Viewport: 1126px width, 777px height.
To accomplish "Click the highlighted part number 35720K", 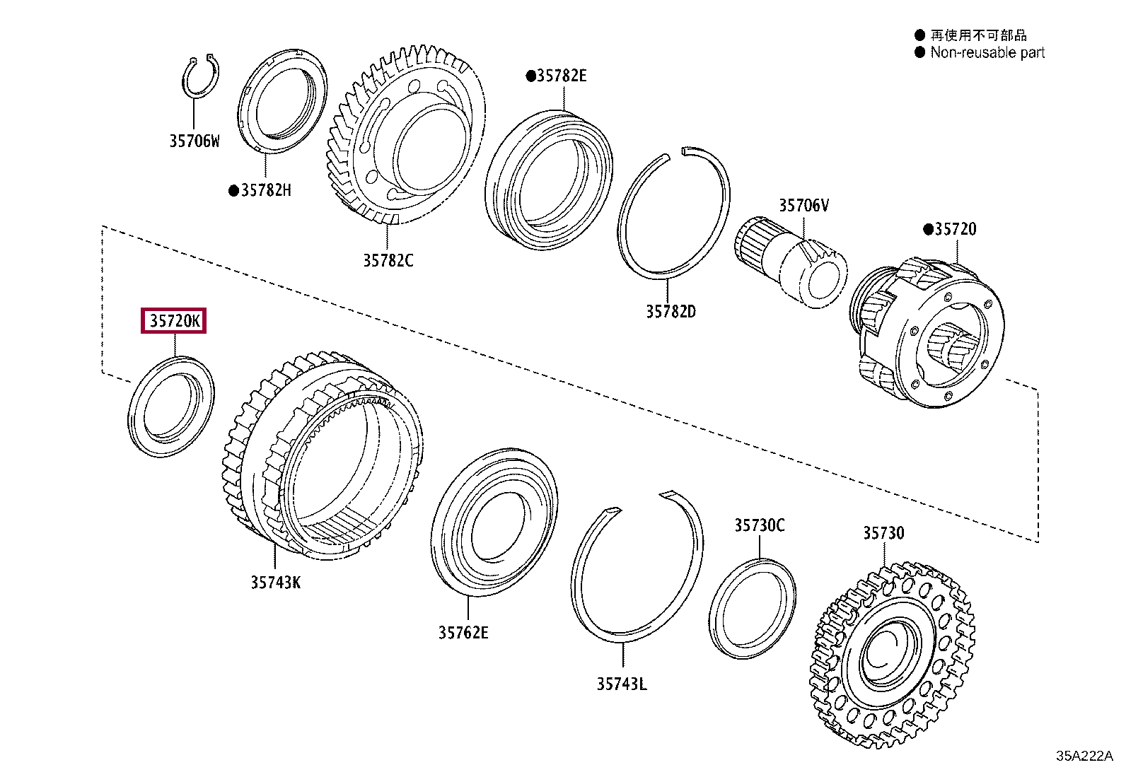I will [x=174, y=322].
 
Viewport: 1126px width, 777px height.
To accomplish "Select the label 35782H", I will [x=265, y=190].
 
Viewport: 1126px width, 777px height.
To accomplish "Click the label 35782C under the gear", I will [x=388, y=260].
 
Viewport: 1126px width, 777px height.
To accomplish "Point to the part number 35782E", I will [x=562, y=76].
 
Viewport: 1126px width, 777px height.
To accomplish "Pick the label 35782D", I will [x=670, y=311].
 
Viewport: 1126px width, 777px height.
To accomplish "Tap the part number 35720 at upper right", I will [x=955, y=229].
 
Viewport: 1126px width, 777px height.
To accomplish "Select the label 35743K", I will [x=275, y=583].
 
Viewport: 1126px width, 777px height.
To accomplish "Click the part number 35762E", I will [x=463, y=632].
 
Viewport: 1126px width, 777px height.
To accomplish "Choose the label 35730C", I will [x=759, y=525].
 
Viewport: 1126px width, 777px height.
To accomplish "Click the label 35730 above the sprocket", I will [x=883, y=533].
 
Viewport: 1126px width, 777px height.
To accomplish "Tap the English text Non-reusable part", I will [x=987, y=52].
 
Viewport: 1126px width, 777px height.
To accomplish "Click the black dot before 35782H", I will [x=233, y=191].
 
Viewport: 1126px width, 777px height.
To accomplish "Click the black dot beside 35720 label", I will [x=928, y=229].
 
